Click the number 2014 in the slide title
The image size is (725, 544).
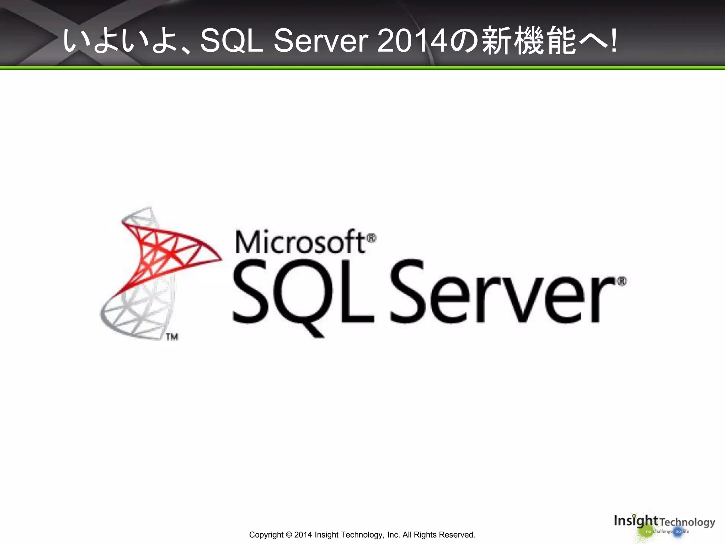412,41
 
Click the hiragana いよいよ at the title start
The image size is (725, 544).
120,41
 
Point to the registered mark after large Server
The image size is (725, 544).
622,282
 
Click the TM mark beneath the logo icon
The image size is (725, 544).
172,337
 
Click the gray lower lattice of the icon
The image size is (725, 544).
138,312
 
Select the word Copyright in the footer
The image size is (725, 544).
266,535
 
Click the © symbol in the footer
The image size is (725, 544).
289,535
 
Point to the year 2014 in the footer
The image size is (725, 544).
303,535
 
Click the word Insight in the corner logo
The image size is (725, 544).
635,521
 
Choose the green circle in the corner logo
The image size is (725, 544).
648,532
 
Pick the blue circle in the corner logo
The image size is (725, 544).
678,532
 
